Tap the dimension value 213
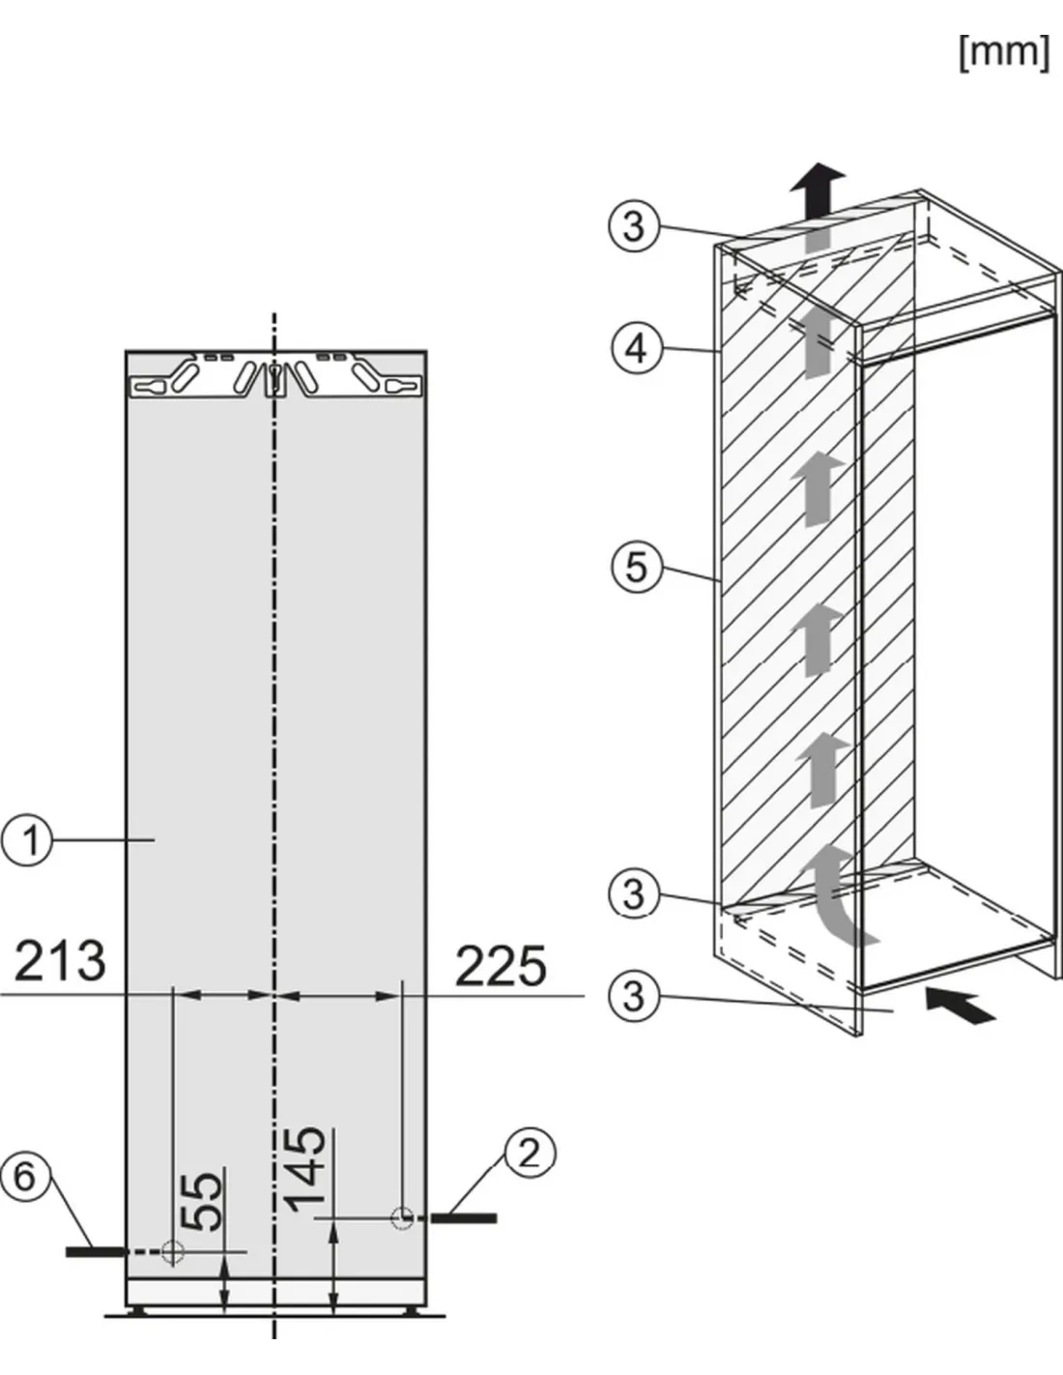[60, 961]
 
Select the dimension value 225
[501, 966]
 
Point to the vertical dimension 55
[202, 1202]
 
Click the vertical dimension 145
[306, 1170]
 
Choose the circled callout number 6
[25, 1177]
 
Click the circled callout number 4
[637, 349]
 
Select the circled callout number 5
[637, 567]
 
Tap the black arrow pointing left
[961, 1005]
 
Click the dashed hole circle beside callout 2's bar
[402, 1217]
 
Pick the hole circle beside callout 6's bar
[173, 1251]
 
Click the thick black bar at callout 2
[464, 1218]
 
